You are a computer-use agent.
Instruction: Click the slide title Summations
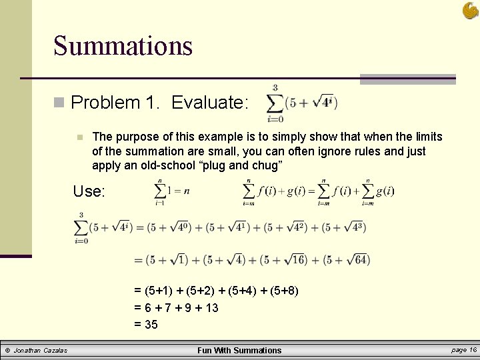123,46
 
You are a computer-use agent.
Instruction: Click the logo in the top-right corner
470,10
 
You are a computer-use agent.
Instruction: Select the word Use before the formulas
89,191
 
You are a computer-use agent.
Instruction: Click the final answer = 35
146,325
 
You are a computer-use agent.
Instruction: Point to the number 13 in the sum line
212,308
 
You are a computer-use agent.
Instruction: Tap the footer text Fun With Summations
239,351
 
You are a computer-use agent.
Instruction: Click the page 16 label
464,350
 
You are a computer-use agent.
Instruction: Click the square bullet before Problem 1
59,103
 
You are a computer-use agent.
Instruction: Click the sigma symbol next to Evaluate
273,103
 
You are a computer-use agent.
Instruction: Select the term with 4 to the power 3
344,227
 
